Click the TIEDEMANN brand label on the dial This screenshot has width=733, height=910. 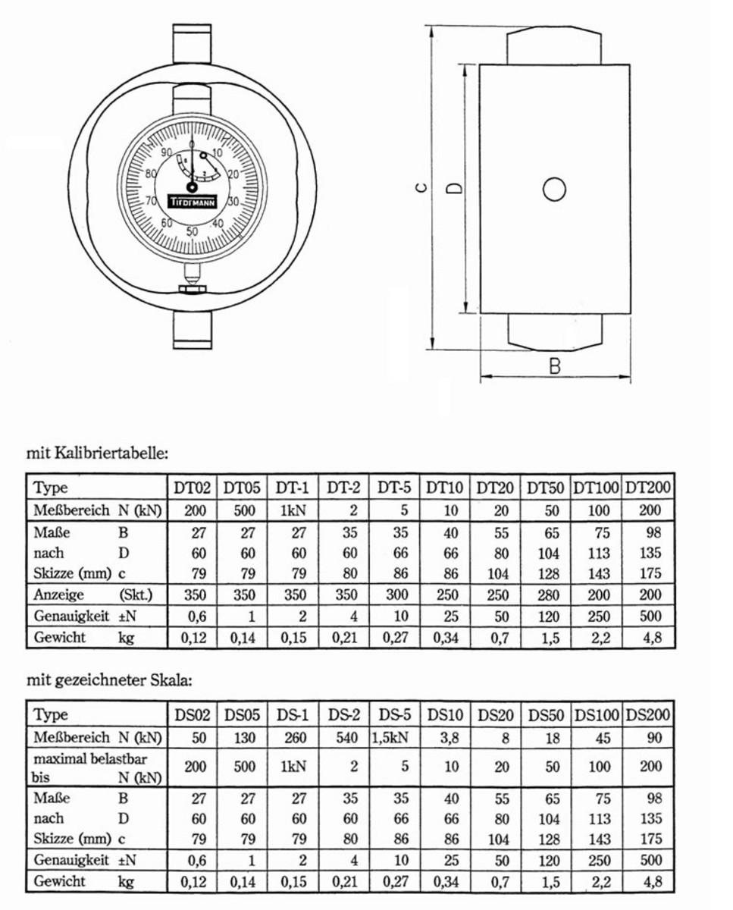tap(193, 202)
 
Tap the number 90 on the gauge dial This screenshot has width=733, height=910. tap(166, 152)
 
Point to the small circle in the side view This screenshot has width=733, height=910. tap(555, 190)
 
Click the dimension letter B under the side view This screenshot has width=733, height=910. tap(555, 366)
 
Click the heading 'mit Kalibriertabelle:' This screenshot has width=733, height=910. tap(96, 453)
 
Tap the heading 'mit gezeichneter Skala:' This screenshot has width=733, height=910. tap(109, 680)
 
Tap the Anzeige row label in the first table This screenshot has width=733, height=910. tap(59, 595)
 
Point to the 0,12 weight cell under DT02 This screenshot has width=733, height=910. tap(195, 638)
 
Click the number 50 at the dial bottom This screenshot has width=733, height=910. tap(192, 231)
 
